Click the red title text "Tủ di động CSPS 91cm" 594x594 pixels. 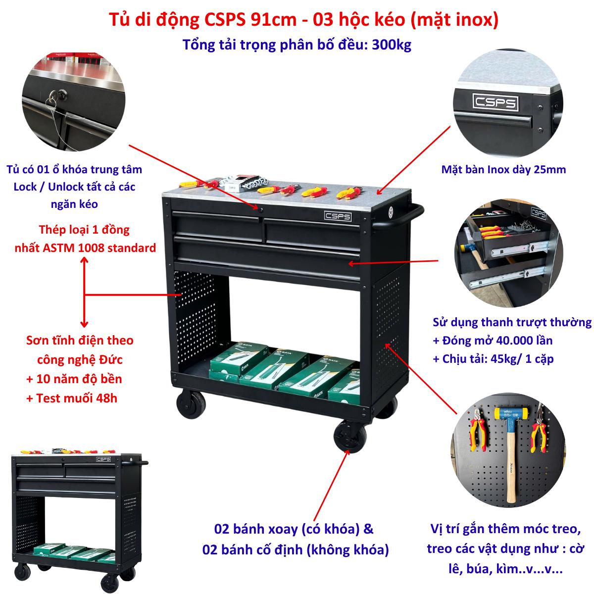pyautogui.click(x=202, y=20)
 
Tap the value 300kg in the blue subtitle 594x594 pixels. pyautogui.click(x=392, y=45)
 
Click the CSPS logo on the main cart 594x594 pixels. pyautogui.click(x=337, y=216)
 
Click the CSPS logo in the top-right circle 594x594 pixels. pyautogui.click(x=495, y=102)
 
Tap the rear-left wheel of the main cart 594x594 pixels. pyautogui.click(x=191, y=403)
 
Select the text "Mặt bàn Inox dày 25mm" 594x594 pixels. pyautogui.click(x=503, y=170)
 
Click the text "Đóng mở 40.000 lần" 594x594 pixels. pyautogui.click(x=497, y=341)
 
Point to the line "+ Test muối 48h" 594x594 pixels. pyautogui.click(x=72, y=398)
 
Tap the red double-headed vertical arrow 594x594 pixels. pyautogui.click(x=84, y=292)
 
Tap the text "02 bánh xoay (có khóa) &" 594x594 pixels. pyautogui.click(x=294, y=529)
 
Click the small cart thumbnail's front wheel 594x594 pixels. pyautogui.click(x=109, y=582)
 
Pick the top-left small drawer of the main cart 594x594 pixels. pyautogui.click(x=216, y=225)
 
